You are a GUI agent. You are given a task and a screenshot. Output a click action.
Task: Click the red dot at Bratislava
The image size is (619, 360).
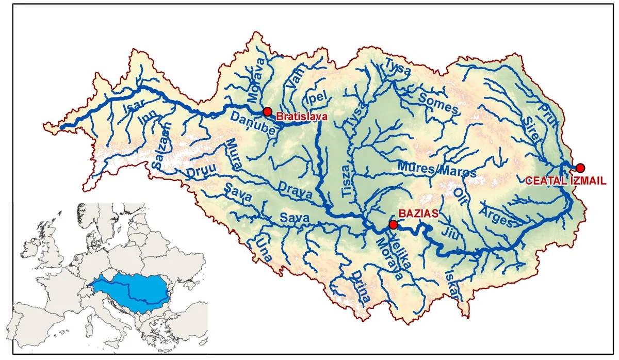267,111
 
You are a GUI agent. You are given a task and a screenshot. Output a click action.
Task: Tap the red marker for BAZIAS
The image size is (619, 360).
393,224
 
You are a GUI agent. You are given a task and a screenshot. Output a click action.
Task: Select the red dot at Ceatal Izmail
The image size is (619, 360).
580,168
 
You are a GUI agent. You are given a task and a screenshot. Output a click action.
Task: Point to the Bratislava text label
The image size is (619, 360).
302,117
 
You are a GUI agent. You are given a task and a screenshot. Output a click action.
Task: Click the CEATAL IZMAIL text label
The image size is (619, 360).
565,181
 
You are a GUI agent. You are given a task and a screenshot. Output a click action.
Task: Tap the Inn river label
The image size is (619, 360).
146,122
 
